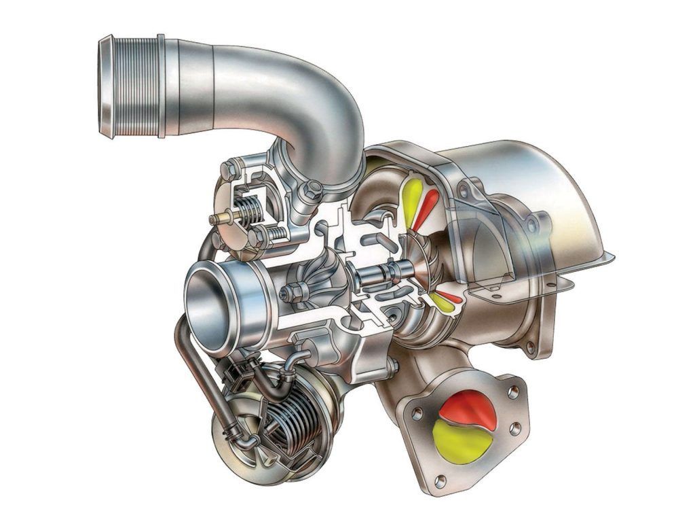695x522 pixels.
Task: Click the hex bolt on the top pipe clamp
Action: click(x=312, y=192)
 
